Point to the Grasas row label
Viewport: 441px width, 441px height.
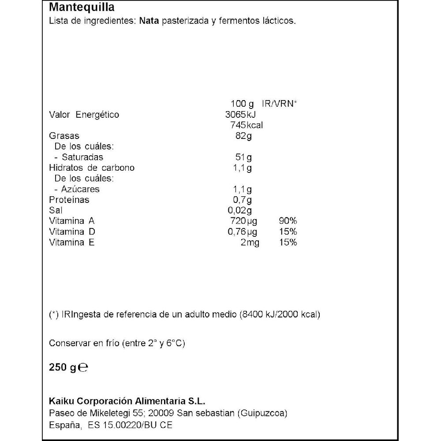[x=64, y=136]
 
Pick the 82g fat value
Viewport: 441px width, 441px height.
[x=243, y=136]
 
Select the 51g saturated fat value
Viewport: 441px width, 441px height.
[x=244, y=157]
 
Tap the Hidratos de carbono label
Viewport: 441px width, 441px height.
[x=92, y=168]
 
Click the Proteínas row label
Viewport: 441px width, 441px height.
[x=69, y=200]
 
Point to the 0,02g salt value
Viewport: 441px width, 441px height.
[x=240, y=210]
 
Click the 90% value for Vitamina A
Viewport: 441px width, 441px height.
[x=288, y=221]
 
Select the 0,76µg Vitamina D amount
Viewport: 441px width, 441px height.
[x=242, y=232]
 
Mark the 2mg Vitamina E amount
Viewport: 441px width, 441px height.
[x=250, y=242]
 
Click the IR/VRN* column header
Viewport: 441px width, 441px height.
[x=280, y=104]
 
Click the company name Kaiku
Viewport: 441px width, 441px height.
[x=61, y=401]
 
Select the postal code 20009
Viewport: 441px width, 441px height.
[x=162, y=413]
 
